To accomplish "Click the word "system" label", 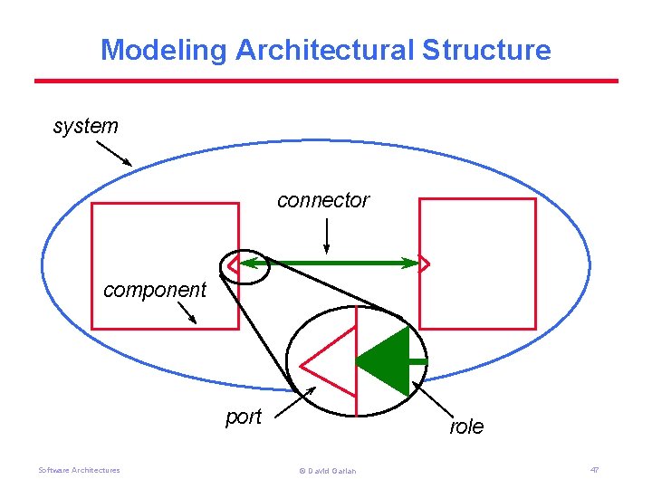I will (x=85, y=126).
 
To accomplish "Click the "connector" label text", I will (x=323, y=200).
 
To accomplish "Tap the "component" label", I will (x=155, y=290).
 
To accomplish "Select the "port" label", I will (x=243, y=417).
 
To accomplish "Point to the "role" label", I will (x=466, y=427).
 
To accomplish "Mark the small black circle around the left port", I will (x=245, y=266).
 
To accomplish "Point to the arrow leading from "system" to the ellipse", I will (x=112, y=153).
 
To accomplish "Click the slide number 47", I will (x=594, y=470).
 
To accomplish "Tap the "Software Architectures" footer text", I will (x=79, y=470).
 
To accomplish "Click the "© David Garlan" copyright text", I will (x=326, y=471).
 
